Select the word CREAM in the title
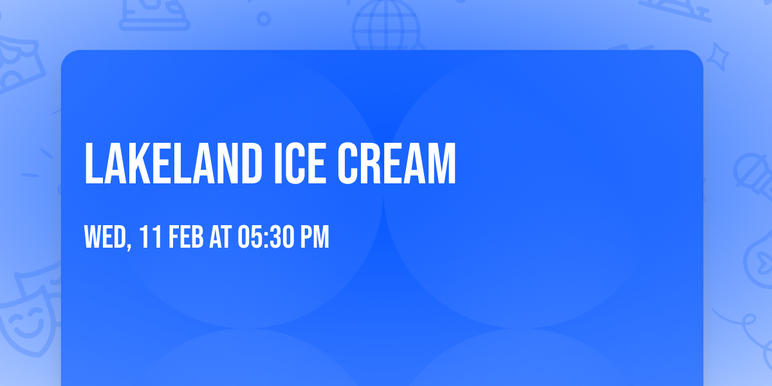coord(398,164)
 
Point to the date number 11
coord(150,237)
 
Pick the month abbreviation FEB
coord(186,237)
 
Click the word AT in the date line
coord(220,237)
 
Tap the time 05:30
coord(266,237)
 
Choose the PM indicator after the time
coord(315,237)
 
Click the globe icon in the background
coord(386,26)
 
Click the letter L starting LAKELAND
coord(93,164)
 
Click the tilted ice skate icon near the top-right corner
coord(675,8)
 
